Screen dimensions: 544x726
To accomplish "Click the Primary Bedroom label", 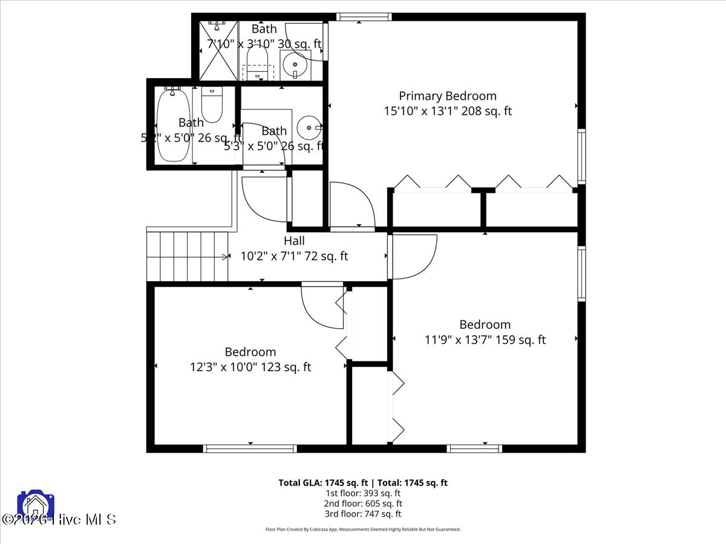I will (x=448, y=96).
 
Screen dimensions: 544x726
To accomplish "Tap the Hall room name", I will (x=294, y=241).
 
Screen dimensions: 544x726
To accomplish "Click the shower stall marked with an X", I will (x=218, y=51).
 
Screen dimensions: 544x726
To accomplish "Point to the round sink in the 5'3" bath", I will (x=310, y=128).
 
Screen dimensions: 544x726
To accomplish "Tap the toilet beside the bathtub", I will (x=212, y=105).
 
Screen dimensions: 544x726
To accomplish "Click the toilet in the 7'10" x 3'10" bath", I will (x=258, y=62).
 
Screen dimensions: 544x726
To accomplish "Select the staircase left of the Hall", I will (x=188, y=257).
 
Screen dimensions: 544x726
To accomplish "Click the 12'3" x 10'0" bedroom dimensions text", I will (x=250, y=367).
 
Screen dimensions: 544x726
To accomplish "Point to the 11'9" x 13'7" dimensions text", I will (x=485, y=340).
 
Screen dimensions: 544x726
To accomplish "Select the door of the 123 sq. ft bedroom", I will (x=324, y=306).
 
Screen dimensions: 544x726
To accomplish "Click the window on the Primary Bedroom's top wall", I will (x=359, y=17).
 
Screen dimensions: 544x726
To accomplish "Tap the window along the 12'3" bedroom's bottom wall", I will (x=250, y=448).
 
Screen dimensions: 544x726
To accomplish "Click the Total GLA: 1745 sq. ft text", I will (x=324, y=482).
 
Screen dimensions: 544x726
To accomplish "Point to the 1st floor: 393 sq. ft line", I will (x=363, y=493).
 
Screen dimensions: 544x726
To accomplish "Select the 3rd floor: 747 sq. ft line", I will (x=363, y=514).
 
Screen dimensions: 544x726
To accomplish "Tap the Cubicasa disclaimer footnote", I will (x=363, y=529).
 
